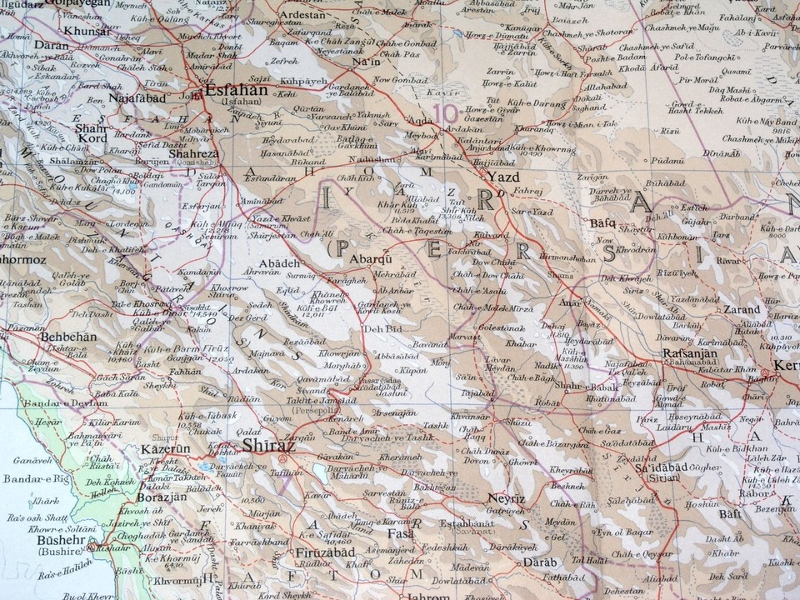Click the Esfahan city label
pos(237,90)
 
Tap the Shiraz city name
pos(264,446)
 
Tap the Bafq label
pos(602,222)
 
